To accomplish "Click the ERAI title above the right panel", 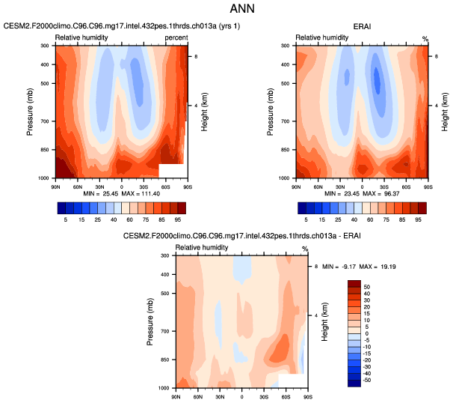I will coord(363,26).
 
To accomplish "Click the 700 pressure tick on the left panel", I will coord(44,121).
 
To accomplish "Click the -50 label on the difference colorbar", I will coord(368,381).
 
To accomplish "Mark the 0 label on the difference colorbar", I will coord(366,333).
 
